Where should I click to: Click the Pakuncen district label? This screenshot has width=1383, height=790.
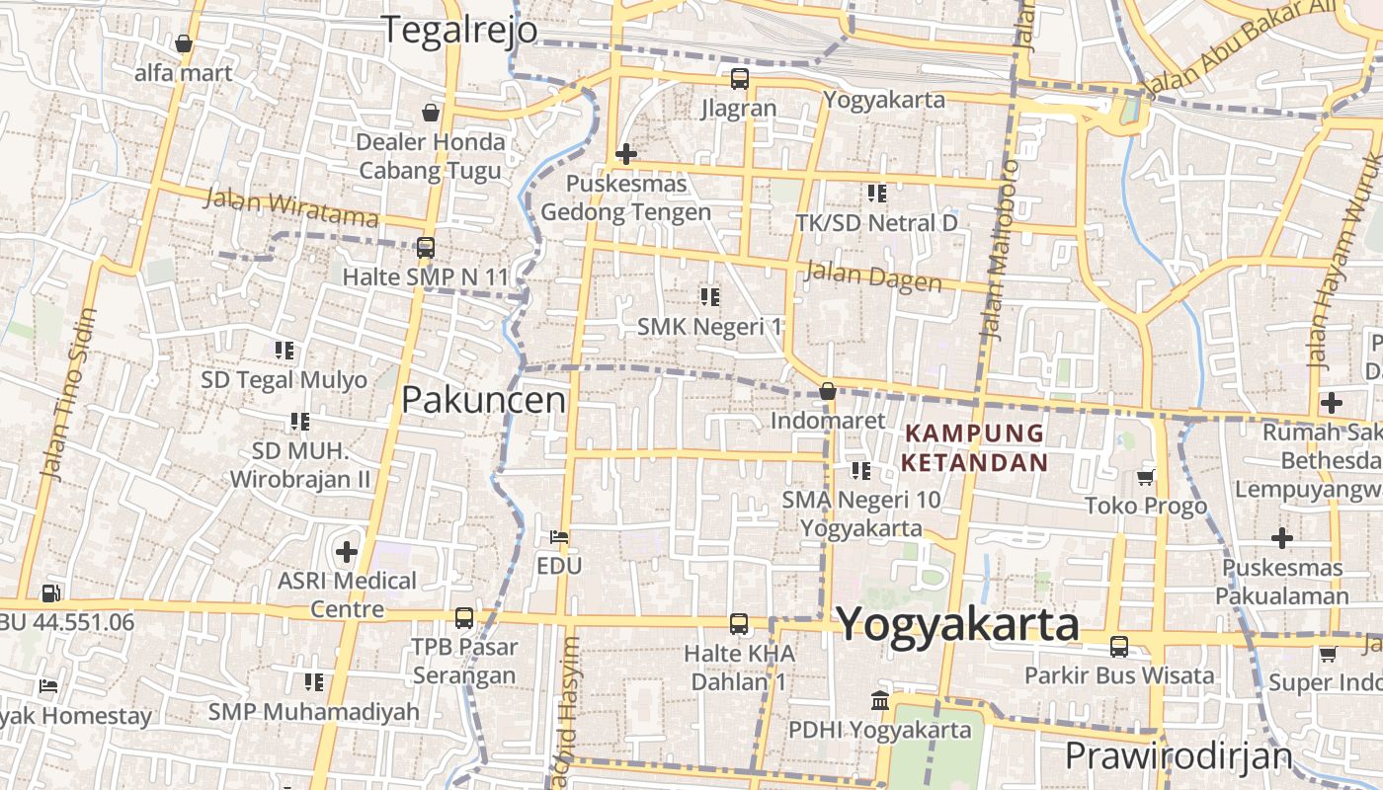[x=483, y=400]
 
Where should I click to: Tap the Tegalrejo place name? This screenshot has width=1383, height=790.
[x=459, y=30]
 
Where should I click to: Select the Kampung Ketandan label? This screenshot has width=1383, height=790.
[x=975, y=447]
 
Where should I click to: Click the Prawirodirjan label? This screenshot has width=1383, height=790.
[x=1178, y=756]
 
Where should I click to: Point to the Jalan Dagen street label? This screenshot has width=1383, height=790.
[x=873, y=276]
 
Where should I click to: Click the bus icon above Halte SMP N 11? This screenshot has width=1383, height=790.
[x=426, y=248]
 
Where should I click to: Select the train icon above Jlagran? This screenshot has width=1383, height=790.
[x=739, y=79]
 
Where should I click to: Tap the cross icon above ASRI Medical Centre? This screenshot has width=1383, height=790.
[x=346, y=551]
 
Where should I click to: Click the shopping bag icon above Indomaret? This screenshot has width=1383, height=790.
[x=828, y=392]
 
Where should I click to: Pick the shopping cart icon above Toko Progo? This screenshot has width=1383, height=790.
[x=1145, y=478]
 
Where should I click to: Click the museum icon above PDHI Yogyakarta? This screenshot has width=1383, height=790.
[x=879, y=701]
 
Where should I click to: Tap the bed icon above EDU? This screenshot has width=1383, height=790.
[x=559, y=537]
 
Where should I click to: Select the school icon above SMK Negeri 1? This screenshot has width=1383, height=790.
[x=709, y=296]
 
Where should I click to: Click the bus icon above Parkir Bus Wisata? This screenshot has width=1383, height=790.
[x=1118, y=647]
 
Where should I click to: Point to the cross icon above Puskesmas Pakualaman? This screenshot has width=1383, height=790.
[x=1281, y=538]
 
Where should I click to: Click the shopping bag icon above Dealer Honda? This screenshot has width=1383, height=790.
[x=430, y=113]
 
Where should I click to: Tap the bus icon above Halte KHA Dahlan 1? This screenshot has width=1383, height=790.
[x=738, y=623]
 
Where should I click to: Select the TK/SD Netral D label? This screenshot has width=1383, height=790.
[x=876, y=223]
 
